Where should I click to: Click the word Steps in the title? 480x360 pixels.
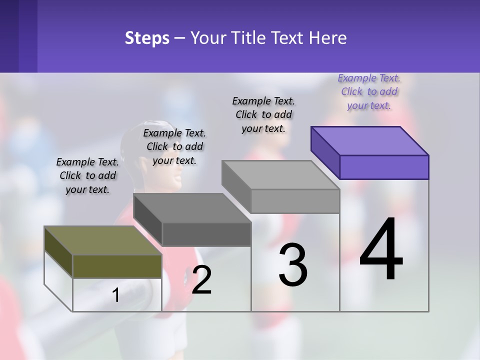(x=147, y=38)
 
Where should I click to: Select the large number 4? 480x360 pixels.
(x=381, y=250)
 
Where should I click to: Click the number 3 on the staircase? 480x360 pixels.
(x=293, y=265)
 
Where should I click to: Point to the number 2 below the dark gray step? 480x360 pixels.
(x=202, y=280)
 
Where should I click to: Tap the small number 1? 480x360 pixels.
(x=116, y=295)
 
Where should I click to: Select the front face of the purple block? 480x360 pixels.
(x=384, y=167)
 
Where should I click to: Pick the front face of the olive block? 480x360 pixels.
(x=117, y=266)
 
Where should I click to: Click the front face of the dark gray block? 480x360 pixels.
(x=206, y=234)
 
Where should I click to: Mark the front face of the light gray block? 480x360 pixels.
(x=295, y=201)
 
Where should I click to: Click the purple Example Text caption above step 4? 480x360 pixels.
(x=369, y=92)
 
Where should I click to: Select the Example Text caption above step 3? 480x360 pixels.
(x=263, y=114)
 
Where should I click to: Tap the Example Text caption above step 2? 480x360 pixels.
(x=174, y=146)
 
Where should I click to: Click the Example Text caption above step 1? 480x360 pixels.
(x=87, y=175)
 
